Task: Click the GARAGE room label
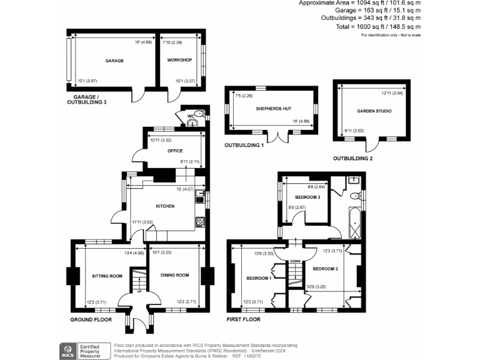pos(114,61)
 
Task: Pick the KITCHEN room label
pos(165,206)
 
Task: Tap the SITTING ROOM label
pos(106,275)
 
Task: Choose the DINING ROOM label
pos(174,275)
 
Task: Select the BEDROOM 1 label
pos(258,277)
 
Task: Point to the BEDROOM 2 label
pos(325,269)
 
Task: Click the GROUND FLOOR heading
pos(91,319)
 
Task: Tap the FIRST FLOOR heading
pos(243,319)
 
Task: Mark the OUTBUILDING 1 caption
pos(244,145)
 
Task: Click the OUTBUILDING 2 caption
pos(352,159)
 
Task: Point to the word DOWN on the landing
pos(296,261)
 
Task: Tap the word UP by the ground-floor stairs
pos(139,292)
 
